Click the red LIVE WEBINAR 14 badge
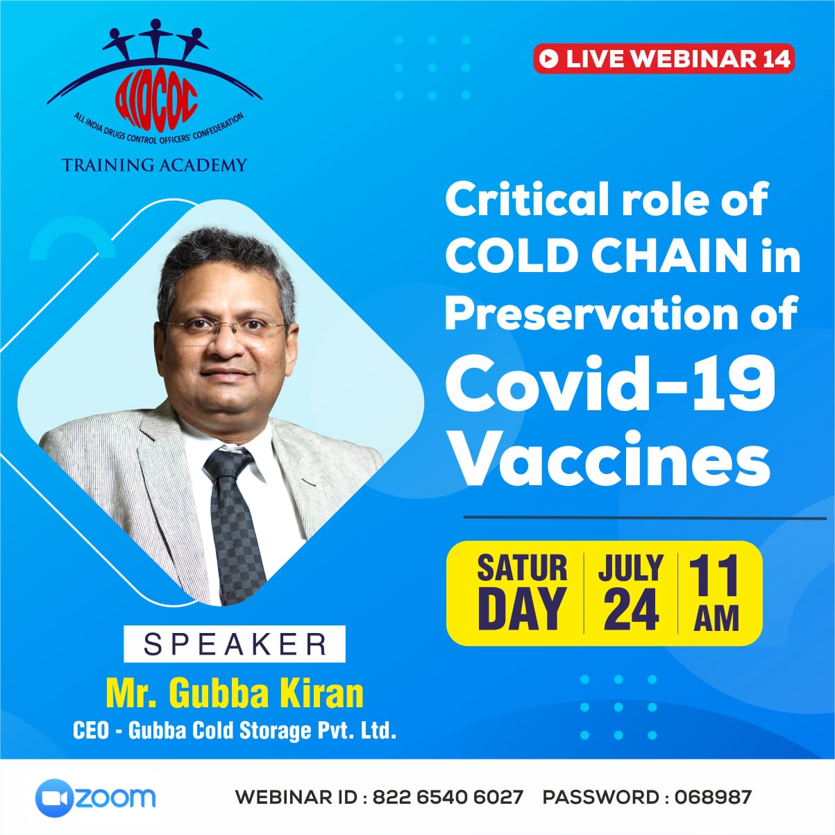[x=664, y=58]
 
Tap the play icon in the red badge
[x=549, y=58]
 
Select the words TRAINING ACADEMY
[x=154, y=165]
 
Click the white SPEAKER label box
[x=235, y=644]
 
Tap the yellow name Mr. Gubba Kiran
[x=235, y=694]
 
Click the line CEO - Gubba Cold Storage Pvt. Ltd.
[x=235, y=731]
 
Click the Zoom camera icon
[x=53, y=798]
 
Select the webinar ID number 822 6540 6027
[x=448, y=798]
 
